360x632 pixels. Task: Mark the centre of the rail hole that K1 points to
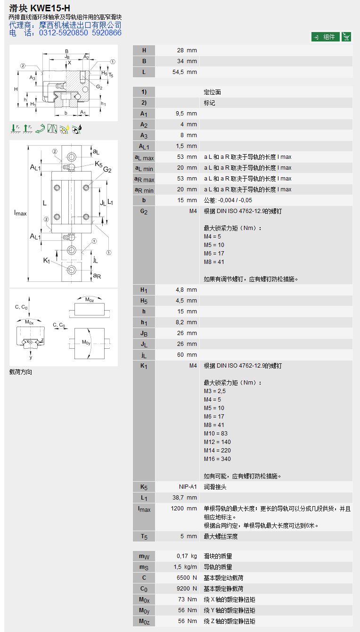pos(71,270)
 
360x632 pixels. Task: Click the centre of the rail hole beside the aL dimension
pos(71,156)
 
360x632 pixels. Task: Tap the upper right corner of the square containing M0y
pos(105,328)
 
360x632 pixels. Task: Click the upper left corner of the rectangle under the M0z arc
pos(74,304)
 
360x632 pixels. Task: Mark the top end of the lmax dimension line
pos(28,146)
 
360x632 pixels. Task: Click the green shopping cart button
pos(346,37)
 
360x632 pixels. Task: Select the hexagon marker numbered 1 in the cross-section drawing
pos(113,62)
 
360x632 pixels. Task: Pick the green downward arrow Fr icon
pos(15,129)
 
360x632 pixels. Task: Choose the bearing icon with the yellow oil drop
pos(65,129)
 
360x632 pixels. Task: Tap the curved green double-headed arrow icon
pos(40,129)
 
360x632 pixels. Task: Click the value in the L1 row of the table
pos(185,497)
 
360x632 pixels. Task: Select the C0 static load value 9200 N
pos(187,589)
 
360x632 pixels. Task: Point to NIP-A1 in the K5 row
pos(188,487)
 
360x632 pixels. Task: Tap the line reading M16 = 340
pos(217,459)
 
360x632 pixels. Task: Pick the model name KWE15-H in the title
pos(50,8)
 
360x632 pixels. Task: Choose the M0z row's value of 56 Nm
pos(188,621)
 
